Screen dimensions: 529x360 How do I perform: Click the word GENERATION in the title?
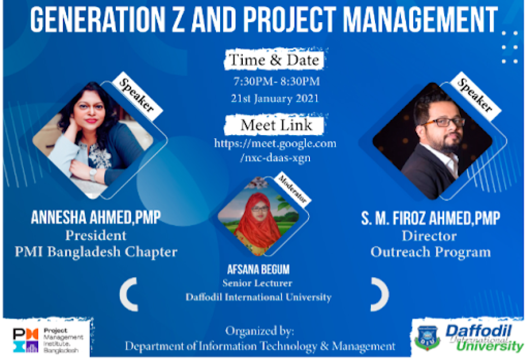(x=97, y=19)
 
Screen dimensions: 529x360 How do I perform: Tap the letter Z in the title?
(x=179, y=19)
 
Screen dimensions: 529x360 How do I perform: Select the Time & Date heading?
(x=274, y=60)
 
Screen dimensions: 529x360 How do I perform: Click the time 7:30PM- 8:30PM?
(x=277, y=82)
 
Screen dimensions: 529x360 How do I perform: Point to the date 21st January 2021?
(x=275, y=98)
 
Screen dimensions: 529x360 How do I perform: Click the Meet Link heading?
(x=276, y=125)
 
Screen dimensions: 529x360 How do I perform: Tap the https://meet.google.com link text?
(x=275, y=143)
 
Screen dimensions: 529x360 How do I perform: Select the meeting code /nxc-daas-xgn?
(x=275, y=158)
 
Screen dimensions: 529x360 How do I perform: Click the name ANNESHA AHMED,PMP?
(x=96, y=217)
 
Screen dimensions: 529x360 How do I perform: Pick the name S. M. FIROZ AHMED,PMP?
(x=431, y=218)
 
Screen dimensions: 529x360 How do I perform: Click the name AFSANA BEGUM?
(x=259, y=269)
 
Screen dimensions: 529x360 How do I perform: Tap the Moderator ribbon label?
(x=292, y=190)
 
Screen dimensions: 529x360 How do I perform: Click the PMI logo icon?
(x=25, y=340)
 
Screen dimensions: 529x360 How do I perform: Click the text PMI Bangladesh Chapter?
(x=96, y=252)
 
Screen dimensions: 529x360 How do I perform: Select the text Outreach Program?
(x=431, y=253)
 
